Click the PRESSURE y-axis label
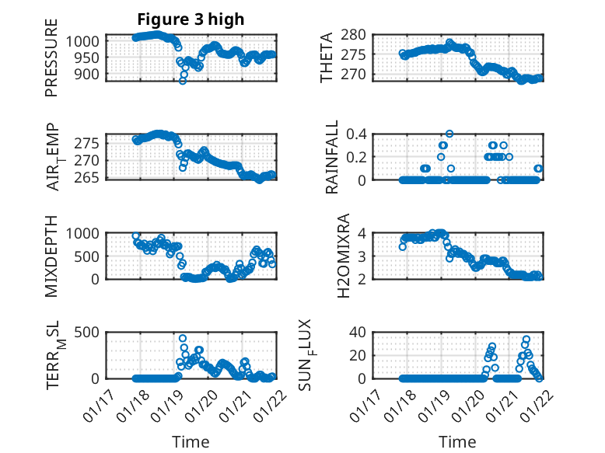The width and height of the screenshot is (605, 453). [x=52, y=63]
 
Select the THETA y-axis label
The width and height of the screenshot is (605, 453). [x=327, y=57]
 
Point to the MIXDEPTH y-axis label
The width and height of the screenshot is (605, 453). [x=52, y=256]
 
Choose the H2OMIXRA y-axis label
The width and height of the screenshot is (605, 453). [x=327, y=256]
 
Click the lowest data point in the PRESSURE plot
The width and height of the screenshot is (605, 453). [x=183, y=80]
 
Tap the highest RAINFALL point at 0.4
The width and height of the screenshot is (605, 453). [x=449, y=134]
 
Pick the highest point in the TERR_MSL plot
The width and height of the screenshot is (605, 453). [x=183, y=339]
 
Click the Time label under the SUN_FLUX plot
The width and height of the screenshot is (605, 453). [x=458, y=442]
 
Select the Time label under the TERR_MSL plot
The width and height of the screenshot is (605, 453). [x=191, y=442]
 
